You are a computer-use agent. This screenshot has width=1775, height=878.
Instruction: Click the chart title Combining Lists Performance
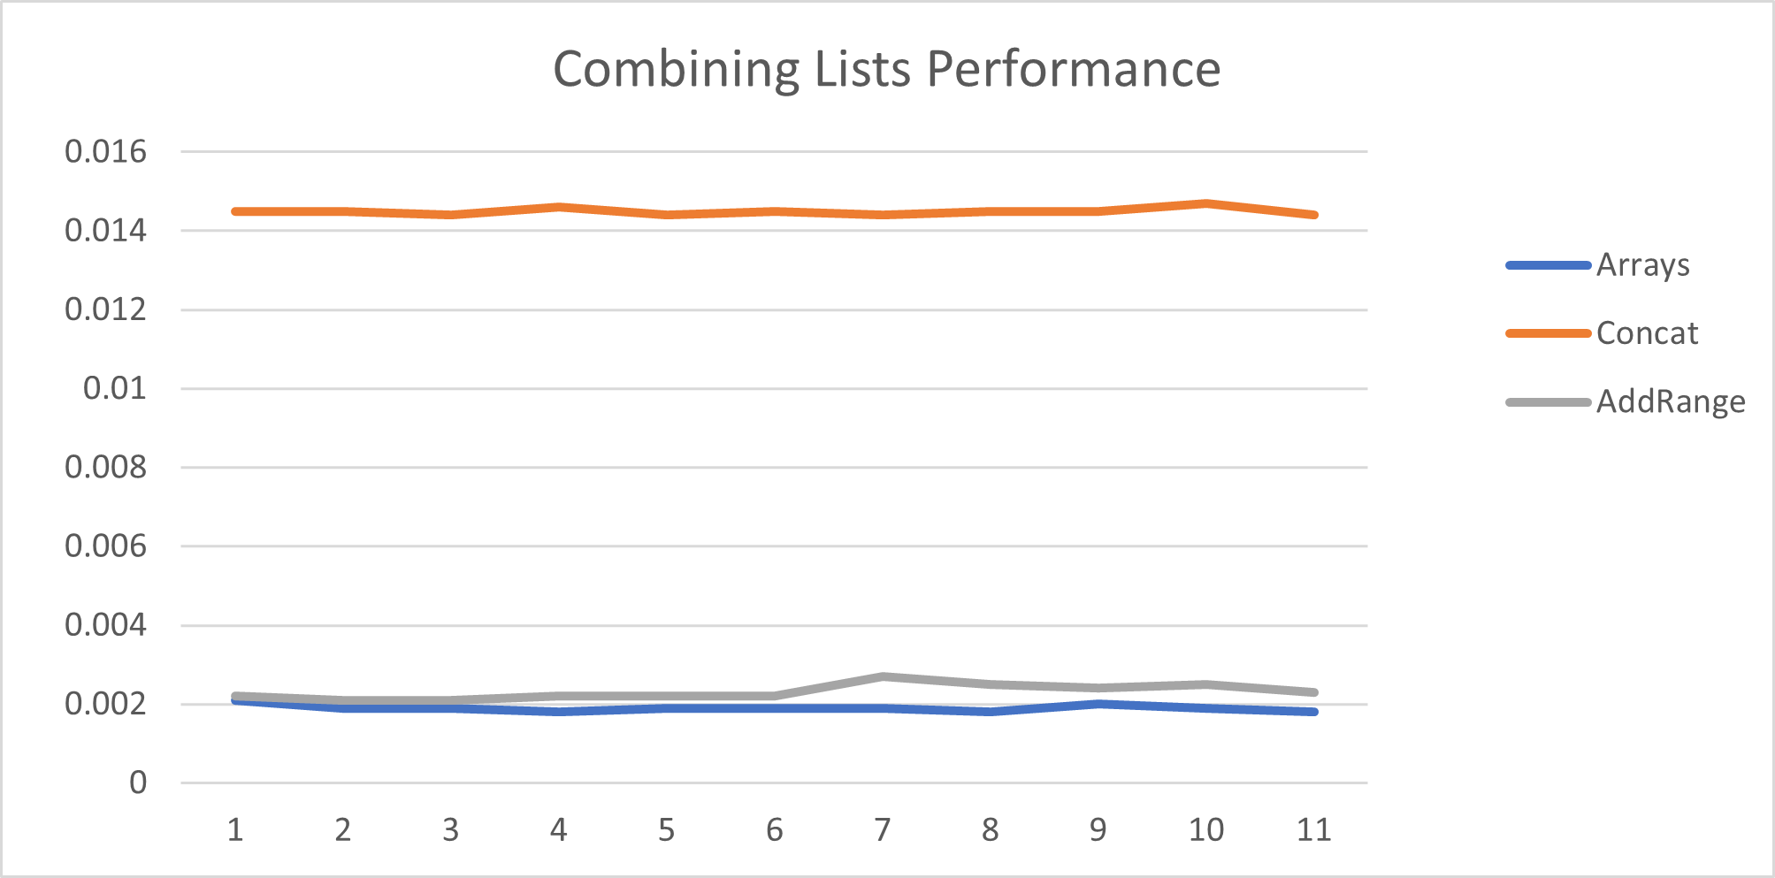pyautogui.click(x=886, y=69)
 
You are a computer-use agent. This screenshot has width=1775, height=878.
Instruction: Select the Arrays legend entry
pyautogui.click(x=1642, y=264)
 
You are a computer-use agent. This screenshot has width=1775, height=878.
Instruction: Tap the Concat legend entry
pyautogui.click(x=1647, y=333)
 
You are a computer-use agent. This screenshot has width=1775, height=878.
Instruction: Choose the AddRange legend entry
pyautogui.click(x=1670, y=401)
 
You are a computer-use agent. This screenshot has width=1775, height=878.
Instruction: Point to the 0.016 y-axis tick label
pyautogui.click(x=105, y=151)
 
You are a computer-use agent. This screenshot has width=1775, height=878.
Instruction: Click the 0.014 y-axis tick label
pyautogui.click(x=105, y=231)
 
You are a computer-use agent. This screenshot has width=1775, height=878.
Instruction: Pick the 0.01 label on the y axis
pyautogui.click(x=114, y=387)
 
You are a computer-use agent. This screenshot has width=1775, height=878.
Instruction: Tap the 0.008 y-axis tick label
pyautogui.click(x=105, y=467)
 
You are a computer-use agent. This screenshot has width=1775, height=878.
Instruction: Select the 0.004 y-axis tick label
pyautogui.click(x=105, y=624)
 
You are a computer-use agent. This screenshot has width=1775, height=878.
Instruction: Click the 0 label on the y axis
pyautogui.click(x=138, y=783)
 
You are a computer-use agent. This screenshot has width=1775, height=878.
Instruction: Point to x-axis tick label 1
pyautogui.click(x=235, y=829)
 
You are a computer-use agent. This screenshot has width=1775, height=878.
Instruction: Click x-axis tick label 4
pyautogui.click(x=558, y=829)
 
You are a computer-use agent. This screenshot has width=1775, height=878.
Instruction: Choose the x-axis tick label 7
pyautogui.click(x=882, y=829)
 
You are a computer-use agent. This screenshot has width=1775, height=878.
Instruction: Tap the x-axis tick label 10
pyautogui.click(x=1205, y=829)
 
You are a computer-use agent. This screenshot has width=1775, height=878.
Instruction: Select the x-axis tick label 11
pyautogui.click(x=1313, y=829)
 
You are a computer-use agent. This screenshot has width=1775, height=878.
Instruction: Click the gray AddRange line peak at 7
pyautogui.click(x=883, y=677)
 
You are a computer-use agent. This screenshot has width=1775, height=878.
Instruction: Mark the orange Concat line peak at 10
pyautogui.click(x=1206, y=203)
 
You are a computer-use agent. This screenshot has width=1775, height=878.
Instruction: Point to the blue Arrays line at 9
pyautogui.click(x=1098, y=704)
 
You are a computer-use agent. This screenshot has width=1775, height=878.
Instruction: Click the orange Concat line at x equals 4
pyautogui.click(x=559, y=207)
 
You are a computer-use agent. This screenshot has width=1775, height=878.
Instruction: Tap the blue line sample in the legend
pyautogui.click(x=1548, y=265)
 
